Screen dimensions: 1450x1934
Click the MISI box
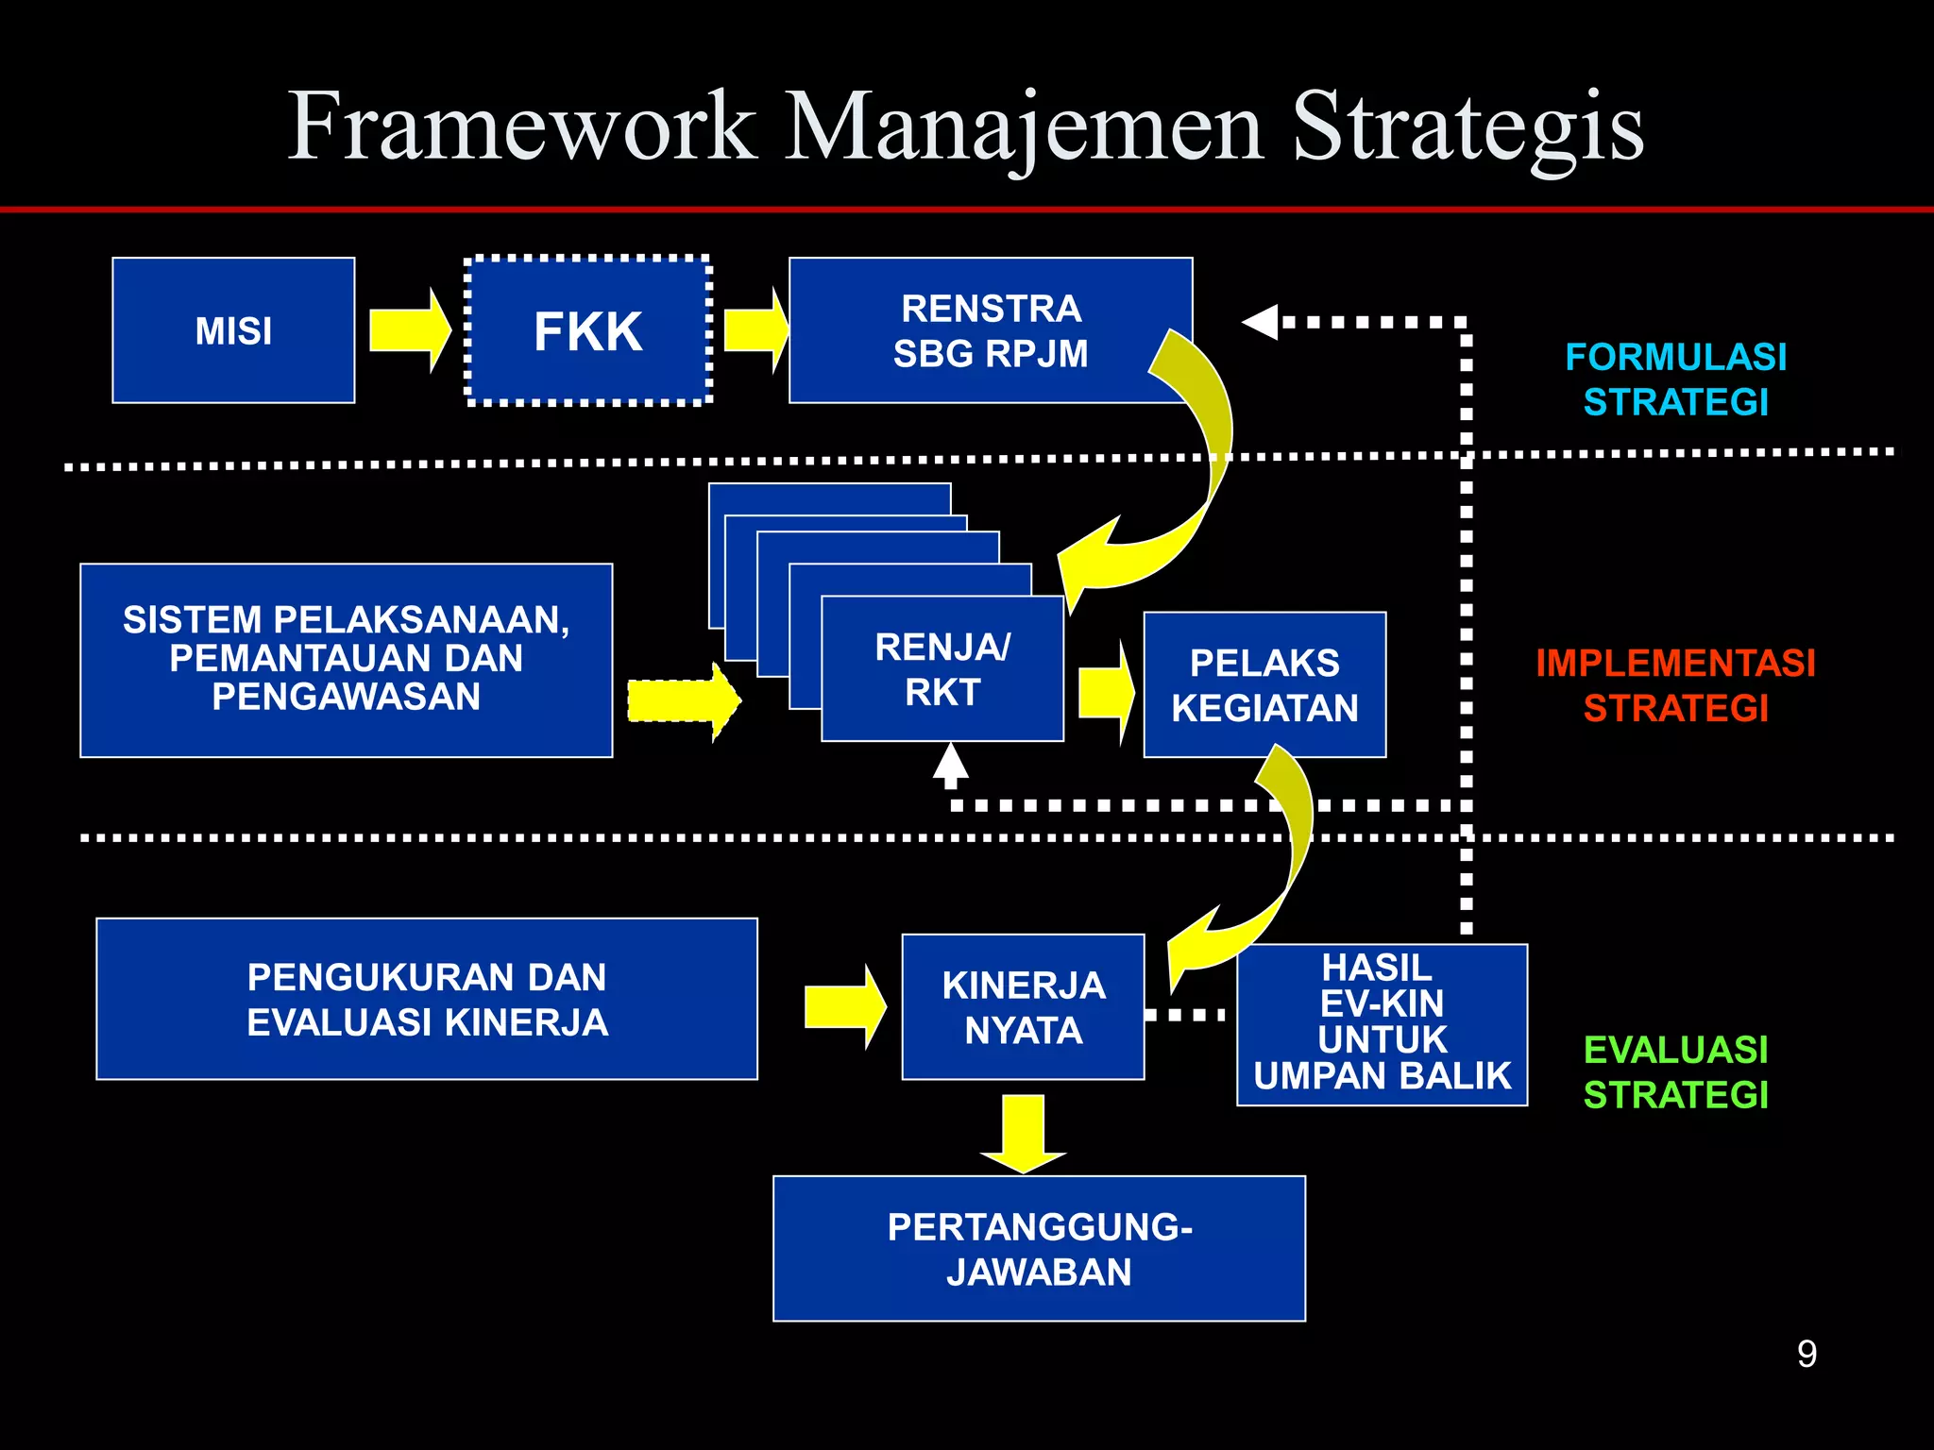(x=233, y=330)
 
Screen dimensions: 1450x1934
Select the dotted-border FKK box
(x=587, y=330)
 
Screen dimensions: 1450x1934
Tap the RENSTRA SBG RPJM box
(x=990, y=330)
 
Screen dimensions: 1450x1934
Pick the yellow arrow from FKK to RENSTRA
(x=755, y=330)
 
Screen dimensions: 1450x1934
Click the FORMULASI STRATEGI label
(x=1675, y=379)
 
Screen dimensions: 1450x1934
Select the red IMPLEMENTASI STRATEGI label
(x=1675, y=685)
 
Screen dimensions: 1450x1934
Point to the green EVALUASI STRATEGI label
(x=1675, y=1072)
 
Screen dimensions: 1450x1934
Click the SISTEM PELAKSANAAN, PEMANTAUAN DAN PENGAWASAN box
(x=346, y=660)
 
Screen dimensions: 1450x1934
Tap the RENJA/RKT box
(x=942, y=669)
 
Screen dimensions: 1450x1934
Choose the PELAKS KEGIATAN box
(x=1264, y=685)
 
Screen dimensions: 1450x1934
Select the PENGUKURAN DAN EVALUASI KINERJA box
(x=427, y=999)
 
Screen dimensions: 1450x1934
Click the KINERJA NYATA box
(x=1023, y=1007)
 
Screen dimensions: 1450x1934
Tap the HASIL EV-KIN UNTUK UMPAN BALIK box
(x=1382, y=1024)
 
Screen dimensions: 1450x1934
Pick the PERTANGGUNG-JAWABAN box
(x=1039, y=1248)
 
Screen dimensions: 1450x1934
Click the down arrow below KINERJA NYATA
(x=1024, y=1133)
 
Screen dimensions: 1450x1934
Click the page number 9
(x=1806, y=1354)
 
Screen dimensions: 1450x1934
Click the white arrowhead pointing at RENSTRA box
(x=1262, y=322)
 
